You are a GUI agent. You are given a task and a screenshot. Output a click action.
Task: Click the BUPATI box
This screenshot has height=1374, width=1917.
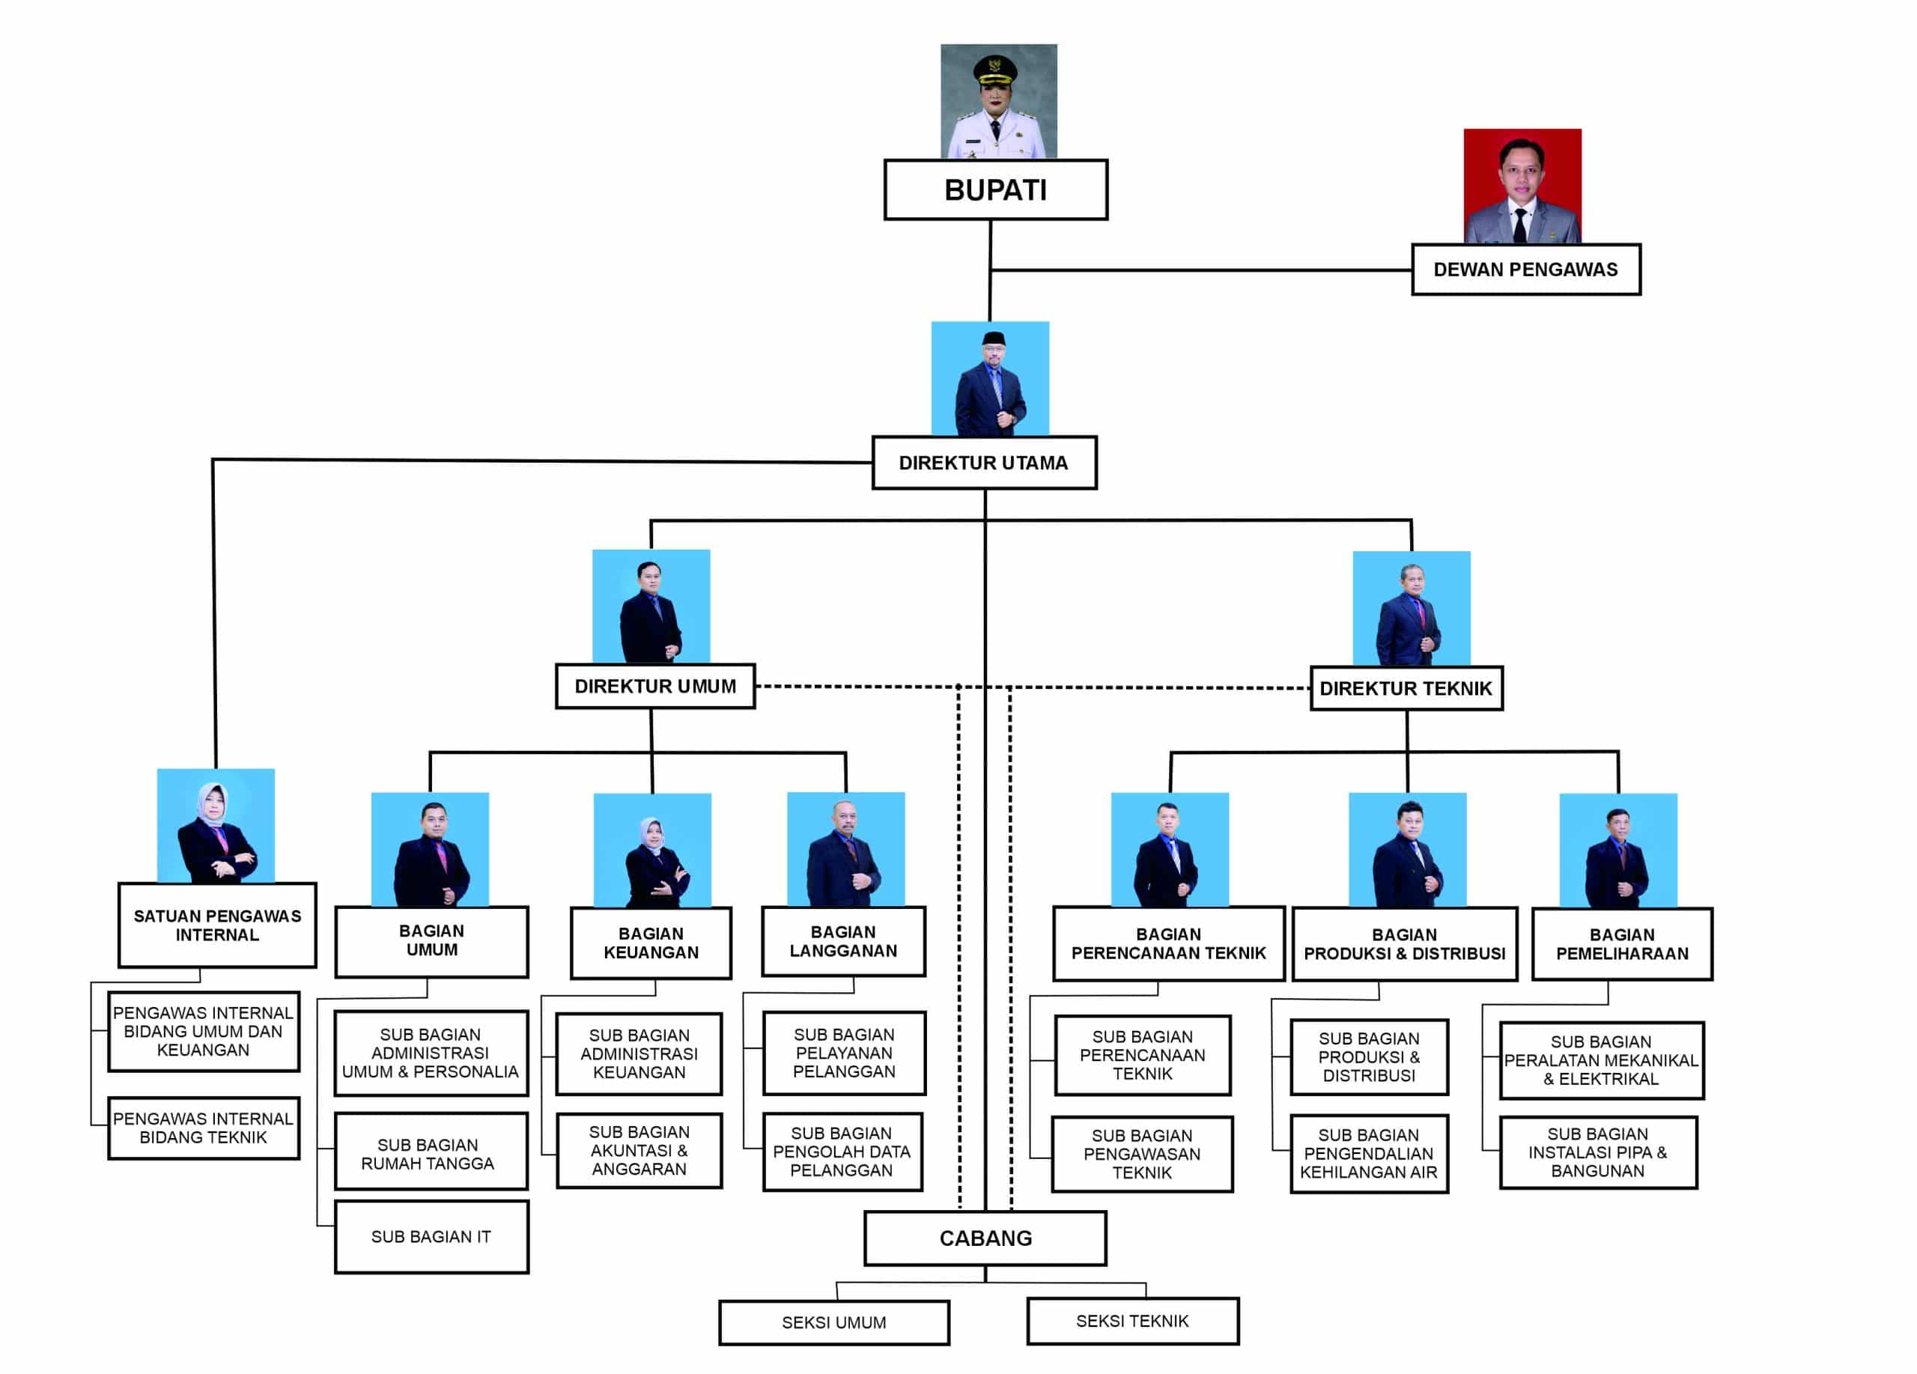[996, 190]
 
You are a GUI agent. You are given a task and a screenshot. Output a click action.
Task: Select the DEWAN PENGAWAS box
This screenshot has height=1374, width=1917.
[1525, 270]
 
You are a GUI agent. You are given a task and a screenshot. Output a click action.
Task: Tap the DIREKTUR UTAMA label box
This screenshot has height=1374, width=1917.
[984, 463]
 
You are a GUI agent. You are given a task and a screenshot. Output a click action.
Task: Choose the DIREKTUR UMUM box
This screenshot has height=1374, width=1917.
[655, 686]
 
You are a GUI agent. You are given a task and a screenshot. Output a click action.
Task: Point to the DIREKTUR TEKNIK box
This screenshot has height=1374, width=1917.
[1406, 689]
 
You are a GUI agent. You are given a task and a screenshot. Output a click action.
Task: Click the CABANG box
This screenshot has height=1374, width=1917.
[985, 1238]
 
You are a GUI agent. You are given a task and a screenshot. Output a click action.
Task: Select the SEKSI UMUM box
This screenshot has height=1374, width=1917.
[833, 1322]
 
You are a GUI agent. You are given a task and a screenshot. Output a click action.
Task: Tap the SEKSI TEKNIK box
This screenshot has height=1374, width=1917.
[1133, 1321]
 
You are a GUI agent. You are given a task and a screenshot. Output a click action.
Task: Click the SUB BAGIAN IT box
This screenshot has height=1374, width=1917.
[431, 1237]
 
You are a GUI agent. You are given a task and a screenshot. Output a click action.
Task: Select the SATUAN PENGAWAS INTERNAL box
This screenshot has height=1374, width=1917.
[217, 925]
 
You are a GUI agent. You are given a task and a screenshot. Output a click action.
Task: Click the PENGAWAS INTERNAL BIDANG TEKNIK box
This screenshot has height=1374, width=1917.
[203, 1128]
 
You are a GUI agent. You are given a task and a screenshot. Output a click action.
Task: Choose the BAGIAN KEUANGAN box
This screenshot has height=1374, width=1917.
[651, 943]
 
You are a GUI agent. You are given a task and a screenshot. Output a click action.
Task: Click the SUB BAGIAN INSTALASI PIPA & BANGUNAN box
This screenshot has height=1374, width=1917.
[1597, 1152]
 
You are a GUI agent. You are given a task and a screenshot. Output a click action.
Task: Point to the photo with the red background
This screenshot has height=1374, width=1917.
[1522, 186]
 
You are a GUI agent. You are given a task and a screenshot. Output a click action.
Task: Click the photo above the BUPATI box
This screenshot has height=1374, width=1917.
[998, 101]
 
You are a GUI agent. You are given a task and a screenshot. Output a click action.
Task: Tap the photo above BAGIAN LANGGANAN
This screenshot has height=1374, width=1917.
[845, 848]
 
